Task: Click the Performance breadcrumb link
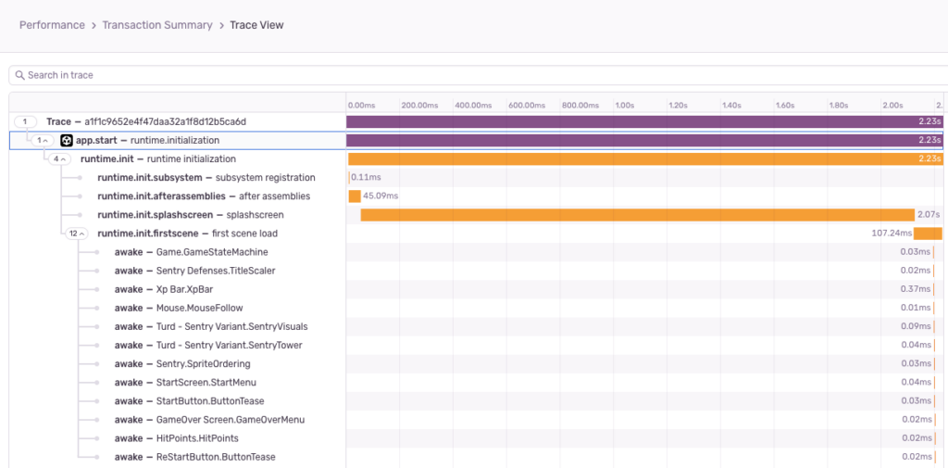click(52, 25)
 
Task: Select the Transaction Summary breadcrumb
click(156, 25)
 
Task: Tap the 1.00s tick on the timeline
click(625, 105)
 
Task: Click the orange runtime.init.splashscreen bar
click(637, 215)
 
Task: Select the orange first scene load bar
click(927, 234)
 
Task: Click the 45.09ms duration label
click(380, 196)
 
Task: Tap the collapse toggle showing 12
click(75, 234)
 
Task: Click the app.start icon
click(67, 141)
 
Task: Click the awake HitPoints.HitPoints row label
click(176, 438)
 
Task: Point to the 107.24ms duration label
click(892, 234)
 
